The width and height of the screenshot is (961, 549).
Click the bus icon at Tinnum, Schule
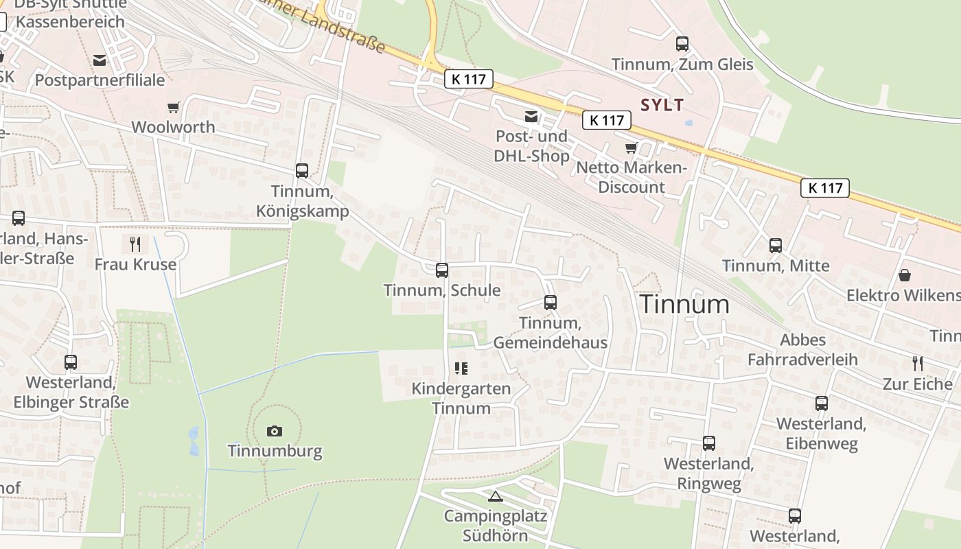tap(442, 270)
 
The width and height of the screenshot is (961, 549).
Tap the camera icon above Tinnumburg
tap(275, 431)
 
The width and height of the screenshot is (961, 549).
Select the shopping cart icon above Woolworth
tap(173, 107)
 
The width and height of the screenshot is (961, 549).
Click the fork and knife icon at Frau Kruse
tap(135, 244)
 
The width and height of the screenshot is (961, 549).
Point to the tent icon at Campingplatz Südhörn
tap(495, 495)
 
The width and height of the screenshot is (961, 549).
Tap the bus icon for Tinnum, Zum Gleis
tap(682, 44)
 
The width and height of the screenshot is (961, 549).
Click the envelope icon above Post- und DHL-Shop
tap(531, 117)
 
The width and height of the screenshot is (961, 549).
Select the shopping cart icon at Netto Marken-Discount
tap(631, 148)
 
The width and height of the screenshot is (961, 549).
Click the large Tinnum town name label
tap(684, 304)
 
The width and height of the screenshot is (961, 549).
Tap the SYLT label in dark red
tap(662, 105)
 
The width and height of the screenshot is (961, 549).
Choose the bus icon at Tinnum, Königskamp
tap(302, 171)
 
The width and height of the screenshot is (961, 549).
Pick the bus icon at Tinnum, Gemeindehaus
tap(550, 303)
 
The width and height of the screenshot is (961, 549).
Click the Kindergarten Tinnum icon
tap(461, 369)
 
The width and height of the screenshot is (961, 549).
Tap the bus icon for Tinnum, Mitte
tap(776, 246)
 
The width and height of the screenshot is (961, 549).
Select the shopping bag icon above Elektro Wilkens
tap(905, 275)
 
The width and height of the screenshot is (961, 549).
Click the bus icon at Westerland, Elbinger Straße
tap(71, 362)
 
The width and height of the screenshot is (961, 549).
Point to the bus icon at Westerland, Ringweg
tap(709, 443)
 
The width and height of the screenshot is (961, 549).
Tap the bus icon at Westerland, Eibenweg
tap(822, 404)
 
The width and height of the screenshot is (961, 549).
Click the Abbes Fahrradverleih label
tap(802, 349)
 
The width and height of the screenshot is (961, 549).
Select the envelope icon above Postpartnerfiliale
tap(100, 60)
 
